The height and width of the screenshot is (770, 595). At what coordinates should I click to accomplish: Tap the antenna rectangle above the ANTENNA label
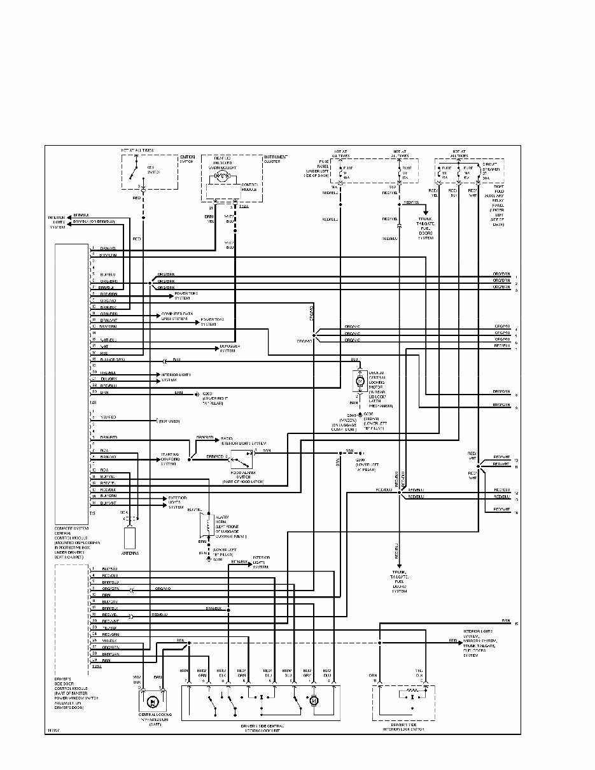tap(130, 538)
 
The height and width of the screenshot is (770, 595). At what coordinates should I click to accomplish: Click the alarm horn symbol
tap(206, 525)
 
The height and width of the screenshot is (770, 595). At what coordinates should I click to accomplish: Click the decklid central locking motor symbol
tap(358, 381)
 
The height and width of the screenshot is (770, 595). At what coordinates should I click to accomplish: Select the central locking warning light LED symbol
tap(153, 701)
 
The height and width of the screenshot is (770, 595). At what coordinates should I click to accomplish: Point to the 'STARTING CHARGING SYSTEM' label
tap(170, 459)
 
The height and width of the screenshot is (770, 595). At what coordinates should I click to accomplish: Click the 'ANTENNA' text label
tap(130, 554)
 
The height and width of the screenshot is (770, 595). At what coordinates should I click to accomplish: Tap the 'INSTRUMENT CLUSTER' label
tap(276, 159)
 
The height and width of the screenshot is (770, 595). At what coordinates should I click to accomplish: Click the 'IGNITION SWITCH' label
tap(188, 159)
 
